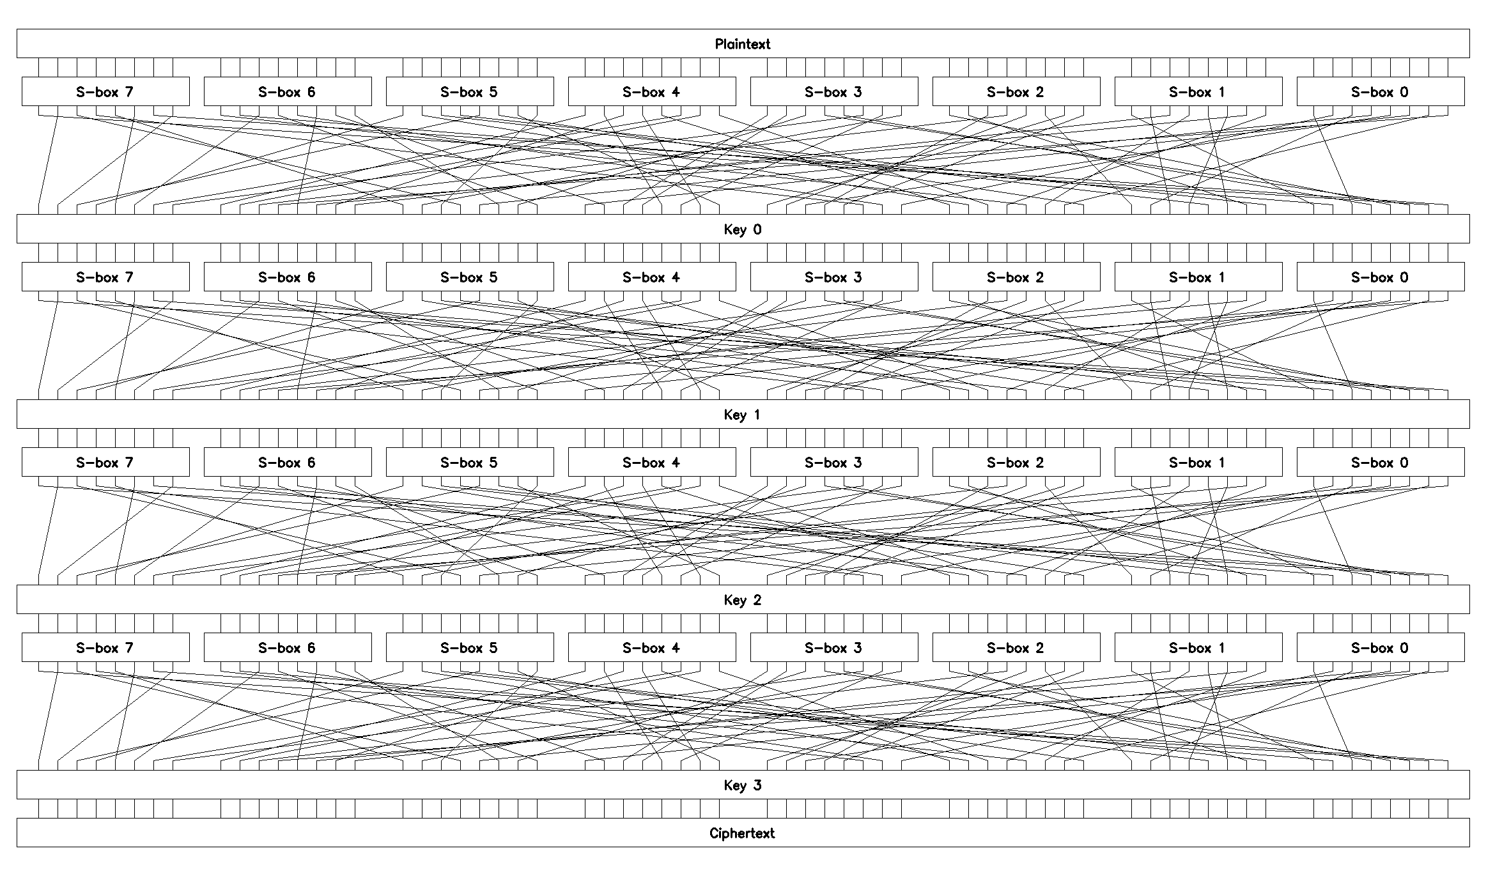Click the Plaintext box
(743, 43)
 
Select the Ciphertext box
(743, 833)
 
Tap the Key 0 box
(743, 229)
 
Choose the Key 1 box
(743, 414)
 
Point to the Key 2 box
(743, 599)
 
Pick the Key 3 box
(743, 785)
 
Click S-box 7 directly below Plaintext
(105, 91)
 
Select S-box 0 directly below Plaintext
(1381, 91)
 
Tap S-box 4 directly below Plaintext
(652, 91)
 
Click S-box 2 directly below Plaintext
(1016, 91)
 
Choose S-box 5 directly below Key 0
(470, 277)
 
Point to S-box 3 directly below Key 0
(834, 277)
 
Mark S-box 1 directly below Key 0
(1198, 277)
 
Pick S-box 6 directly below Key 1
(288, 462)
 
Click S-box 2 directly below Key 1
(1016, 462)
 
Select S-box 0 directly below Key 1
(1381, 462)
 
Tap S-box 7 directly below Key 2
(105, 647)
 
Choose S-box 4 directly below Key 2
(652, 647)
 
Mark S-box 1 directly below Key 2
(1198, 647)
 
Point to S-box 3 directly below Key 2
(834, 647)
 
